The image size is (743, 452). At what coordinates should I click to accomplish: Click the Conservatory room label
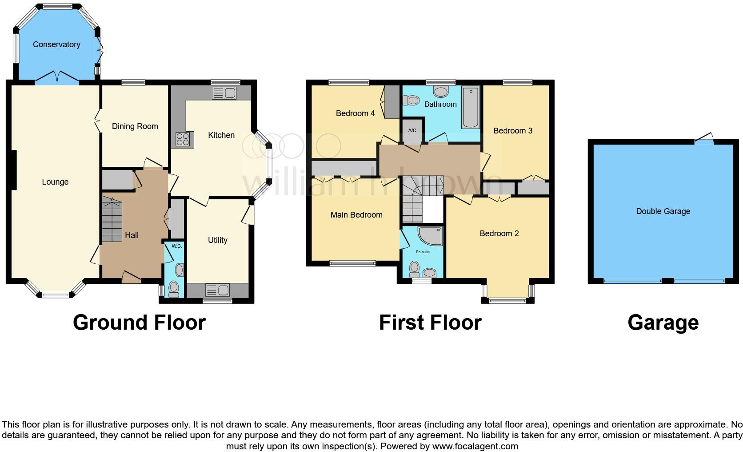click(x=56, y=44)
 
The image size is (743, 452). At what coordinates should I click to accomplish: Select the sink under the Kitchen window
click(x=224, y=93)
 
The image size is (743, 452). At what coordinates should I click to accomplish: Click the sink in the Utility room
click(x=218, y=291)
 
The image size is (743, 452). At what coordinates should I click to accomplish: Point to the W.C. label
click(x=176, y=246)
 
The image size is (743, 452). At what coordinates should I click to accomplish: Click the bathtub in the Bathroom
click(x=471, y=108)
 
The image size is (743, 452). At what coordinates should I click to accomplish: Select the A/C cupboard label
click(x=412, y=130)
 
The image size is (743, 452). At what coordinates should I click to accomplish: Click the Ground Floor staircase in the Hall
click(x=112, y=220)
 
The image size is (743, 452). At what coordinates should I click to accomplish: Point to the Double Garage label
click(x=663, y=211)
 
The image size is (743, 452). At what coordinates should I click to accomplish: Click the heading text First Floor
click(x=430, y=323)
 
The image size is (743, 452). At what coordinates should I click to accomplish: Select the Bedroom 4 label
click(x=355, y=113)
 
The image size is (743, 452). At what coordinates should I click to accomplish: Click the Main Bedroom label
click(x=356, y=215)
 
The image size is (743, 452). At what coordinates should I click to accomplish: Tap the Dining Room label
click(x=135, y=126)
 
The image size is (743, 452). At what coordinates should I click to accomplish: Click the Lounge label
click(x=55, y=182)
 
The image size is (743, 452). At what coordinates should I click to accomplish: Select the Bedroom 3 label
click(x=512, y=131)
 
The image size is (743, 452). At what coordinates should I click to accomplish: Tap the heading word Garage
click(x=663, y=323)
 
